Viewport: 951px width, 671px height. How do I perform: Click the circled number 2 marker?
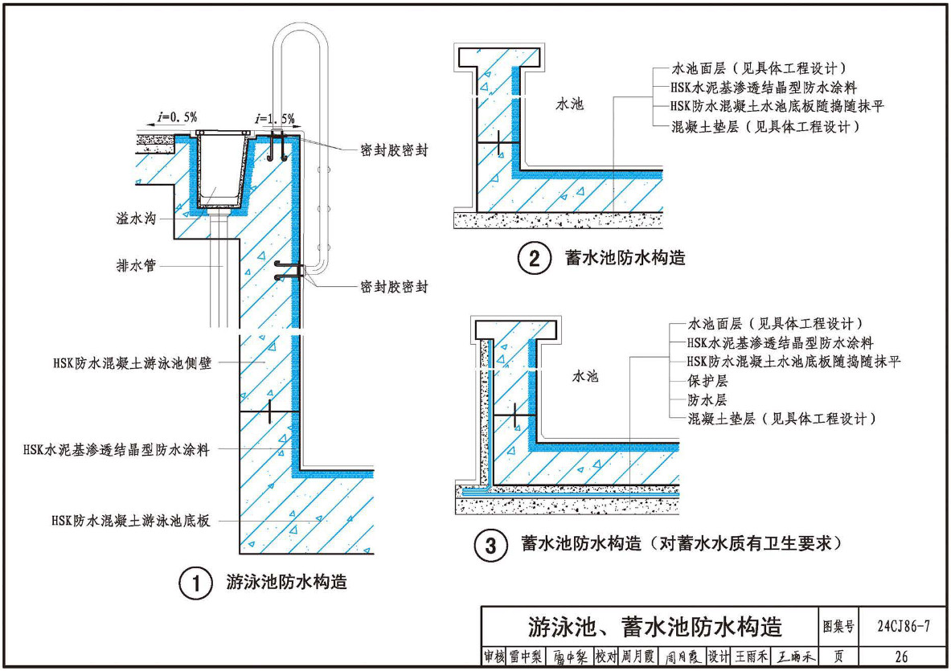534,260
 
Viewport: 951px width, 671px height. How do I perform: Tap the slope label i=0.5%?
174,118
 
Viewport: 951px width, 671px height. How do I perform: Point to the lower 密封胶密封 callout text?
395,286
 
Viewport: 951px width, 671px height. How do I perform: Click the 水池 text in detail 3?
585,375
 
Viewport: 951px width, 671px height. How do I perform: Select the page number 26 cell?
901,657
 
